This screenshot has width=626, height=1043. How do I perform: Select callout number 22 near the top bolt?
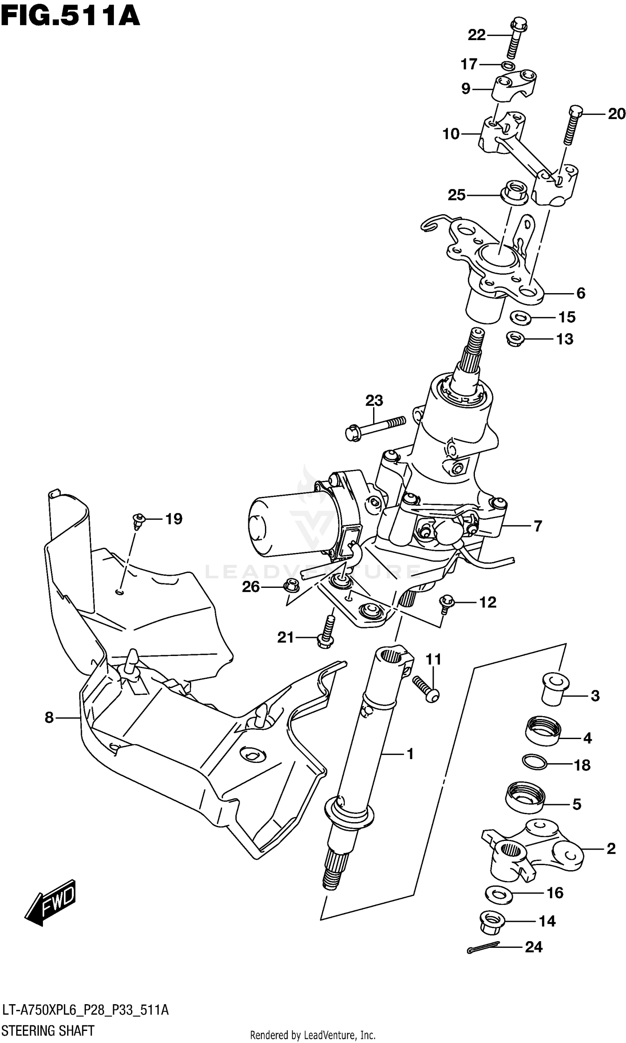point(476,35)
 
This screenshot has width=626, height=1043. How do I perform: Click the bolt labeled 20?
point(572,125)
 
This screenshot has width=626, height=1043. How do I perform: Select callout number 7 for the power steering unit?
point(538,526)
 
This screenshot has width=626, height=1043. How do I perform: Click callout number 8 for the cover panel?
point(49,717)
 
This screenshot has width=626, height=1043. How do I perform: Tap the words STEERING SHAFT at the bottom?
point(48,1030)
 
